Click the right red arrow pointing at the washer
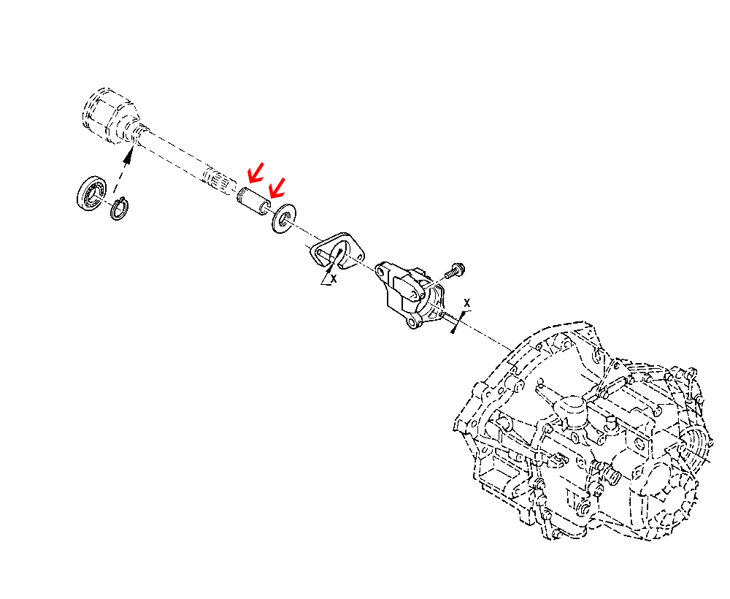click(x=276, y=188)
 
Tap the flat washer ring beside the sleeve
click(x=283, y=218)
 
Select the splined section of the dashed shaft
click(x=217, y=180)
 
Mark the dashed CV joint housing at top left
click(x=106, y=117)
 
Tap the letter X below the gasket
click(x=334, y=278)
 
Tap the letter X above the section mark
click(x=468, y=302)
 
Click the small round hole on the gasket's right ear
click(x=359, y=259)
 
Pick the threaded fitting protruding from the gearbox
click(x=611, y=476)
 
